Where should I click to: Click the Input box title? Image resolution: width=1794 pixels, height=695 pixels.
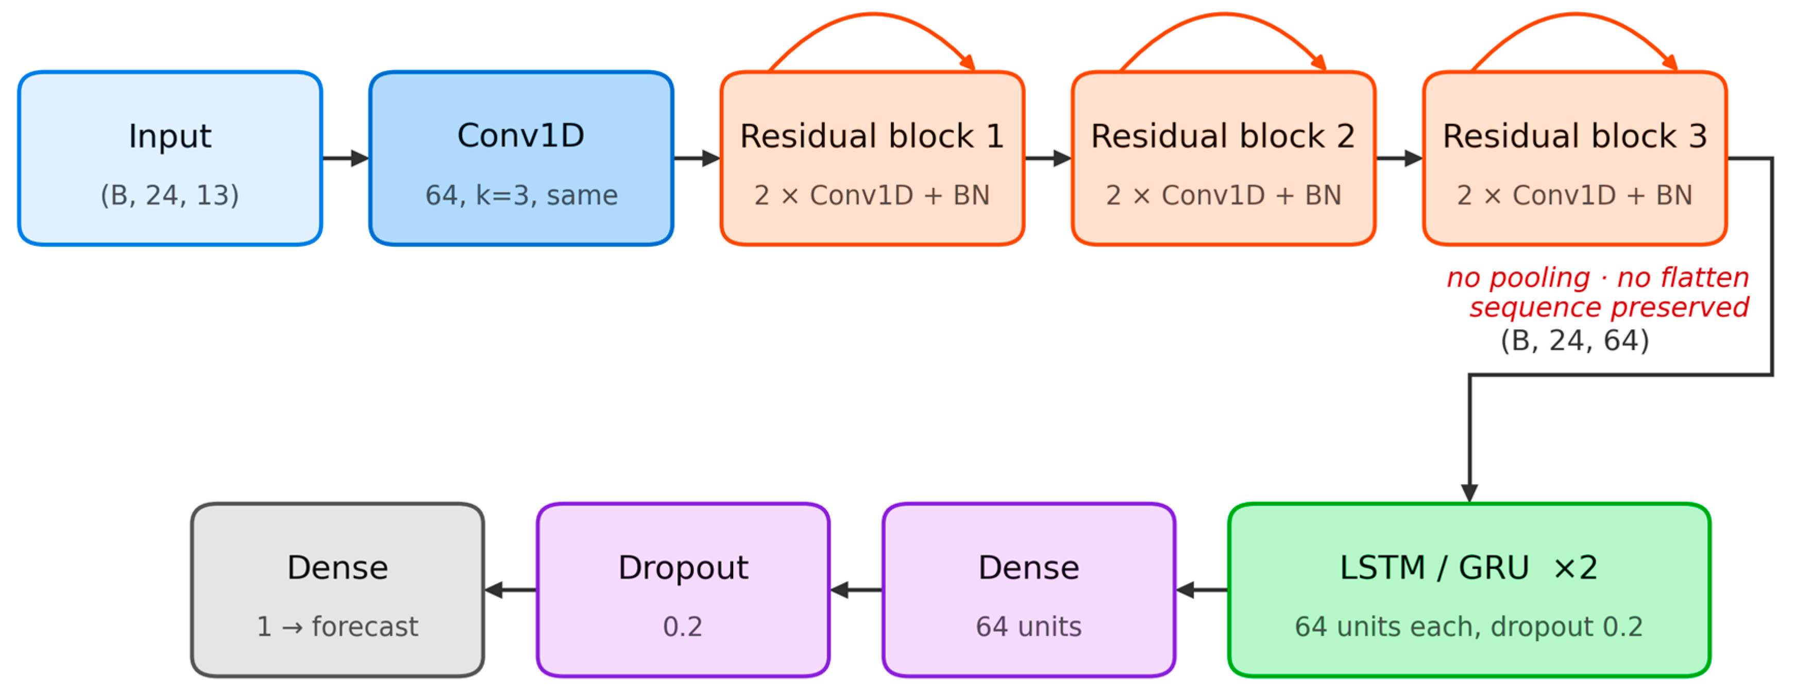point(170,137)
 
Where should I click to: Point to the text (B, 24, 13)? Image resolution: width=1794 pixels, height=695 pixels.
point(170,195)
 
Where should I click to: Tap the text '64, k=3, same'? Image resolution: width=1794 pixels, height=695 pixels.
point(521,195)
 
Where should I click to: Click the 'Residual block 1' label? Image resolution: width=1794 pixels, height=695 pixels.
point(872,136)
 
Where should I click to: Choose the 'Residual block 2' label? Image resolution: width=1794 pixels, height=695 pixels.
point(1223,136)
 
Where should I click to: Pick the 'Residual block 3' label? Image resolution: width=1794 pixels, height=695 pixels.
point(1575,136)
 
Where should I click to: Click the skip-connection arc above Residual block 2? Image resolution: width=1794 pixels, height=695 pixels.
point(1224,14)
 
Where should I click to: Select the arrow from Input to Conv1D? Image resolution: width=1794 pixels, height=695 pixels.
point(345,158)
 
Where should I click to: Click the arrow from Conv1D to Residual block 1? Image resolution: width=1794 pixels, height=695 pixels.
point(697,158)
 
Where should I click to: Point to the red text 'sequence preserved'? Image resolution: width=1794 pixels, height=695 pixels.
point(1609,307)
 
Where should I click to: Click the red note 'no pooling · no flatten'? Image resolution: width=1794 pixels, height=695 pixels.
point(1598,277)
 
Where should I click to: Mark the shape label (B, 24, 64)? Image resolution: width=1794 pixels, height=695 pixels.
point(1575,341)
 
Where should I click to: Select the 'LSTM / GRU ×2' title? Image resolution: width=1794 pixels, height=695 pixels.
point(1469,568)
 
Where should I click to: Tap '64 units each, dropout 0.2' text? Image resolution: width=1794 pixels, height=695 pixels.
point(1469,627)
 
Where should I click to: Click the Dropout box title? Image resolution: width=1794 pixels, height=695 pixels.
point(683,568)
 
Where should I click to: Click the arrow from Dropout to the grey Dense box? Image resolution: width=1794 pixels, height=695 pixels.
point(511,590)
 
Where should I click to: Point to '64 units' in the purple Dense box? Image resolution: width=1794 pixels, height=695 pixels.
point(1028,627)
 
